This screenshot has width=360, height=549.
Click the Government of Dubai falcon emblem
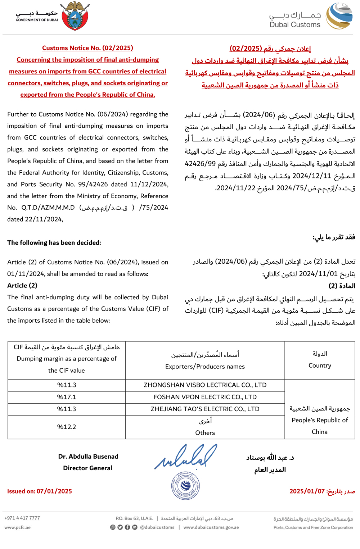(x=75, y=16)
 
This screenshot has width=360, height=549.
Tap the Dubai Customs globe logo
(x=339, y=16)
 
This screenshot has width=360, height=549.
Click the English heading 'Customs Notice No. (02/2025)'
(x=87, y=48)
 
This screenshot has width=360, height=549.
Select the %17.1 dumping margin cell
(x=67, y=397)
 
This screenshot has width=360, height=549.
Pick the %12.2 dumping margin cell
(x=67, y=427)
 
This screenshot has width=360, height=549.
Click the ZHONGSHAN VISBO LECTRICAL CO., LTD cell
(x=205, y=385)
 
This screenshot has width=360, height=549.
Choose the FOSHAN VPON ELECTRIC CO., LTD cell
(x=205, y=397)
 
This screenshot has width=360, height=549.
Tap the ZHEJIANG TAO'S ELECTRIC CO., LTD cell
(x=205, y=409)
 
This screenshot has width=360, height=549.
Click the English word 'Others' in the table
(x=205, y=433)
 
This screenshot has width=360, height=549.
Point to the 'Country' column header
(x=320, y=366)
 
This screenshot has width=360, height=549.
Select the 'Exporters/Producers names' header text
(x=205, y=367)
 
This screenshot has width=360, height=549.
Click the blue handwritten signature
(x=186, y=457)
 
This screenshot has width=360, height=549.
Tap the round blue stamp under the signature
(x=185, y=486)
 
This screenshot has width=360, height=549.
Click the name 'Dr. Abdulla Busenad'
(x=88, y=457)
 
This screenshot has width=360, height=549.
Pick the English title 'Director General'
(x=87, y=468)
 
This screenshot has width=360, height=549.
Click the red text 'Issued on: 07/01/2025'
(x=40, y=491)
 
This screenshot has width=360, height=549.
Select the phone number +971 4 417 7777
(x=22, y=518)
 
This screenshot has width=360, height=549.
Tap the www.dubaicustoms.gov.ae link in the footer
(x=211, y=527)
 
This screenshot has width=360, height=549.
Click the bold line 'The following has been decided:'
(x=54, y=243)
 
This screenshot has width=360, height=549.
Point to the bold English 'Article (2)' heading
(x=22, y=286)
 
